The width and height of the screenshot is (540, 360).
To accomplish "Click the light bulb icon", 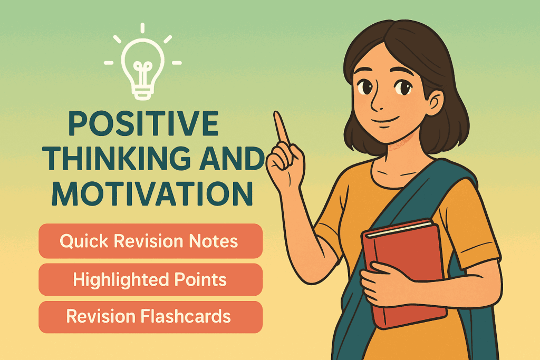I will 143,64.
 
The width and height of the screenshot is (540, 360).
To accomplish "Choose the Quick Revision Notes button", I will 150,241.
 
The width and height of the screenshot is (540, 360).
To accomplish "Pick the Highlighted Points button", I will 150,279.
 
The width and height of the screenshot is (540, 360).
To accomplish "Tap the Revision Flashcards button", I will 150,317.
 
